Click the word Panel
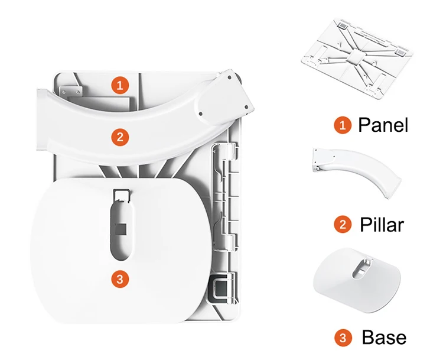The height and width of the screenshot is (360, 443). (383, 125)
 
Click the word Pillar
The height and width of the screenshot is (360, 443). (382, 225)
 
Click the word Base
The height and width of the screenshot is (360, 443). (384, 337)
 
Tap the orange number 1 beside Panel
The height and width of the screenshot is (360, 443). (343, 125)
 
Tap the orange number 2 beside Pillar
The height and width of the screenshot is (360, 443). (343, 225)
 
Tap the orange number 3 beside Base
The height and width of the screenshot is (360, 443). (343, 338)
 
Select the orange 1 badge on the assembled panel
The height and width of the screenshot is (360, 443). (120, 85)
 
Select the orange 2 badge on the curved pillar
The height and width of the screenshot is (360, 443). (120, 137)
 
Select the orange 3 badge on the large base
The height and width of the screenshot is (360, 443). (120, 279)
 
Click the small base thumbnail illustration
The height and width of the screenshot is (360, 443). (357, 280)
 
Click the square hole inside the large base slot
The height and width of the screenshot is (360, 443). (121, 229)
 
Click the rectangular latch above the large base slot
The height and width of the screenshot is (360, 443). (122, 196)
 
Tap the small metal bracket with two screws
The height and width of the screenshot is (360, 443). (71, 92)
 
